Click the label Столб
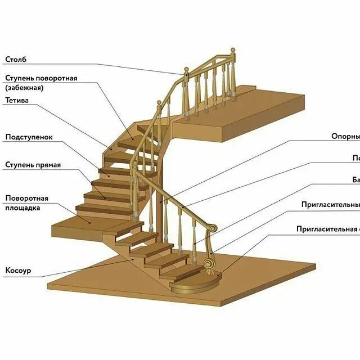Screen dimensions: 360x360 click(x=16, y=58)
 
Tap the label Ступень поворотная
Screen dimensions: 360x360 click(x=41, y=78)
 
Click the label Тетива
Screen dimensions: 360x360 click(x=17, y=101)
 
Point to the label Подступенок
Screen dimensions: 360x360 click(x=29, y=137)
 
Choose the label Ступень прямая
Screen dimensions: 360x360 click(x=33, y=165)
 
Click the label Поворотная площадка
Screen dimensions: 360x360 click(x=26, y=202)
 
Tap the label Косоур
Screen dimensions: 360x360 click(x=18, y=271)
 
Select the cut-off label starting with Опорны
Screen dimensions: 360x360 click(x=345, y=136)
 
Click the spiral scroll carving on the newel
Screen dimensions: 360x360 click(x=210, y=264)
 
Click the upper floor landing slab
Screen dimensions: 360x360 click(x=264, y=112)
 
